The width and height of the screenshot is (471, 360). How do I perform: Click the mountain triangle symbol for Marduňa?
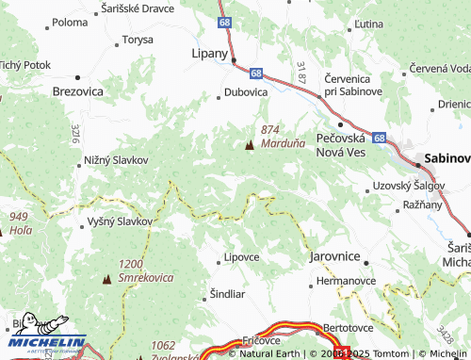coord(250,145)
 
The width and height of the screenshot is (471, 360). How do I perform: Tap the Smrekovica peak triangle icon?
coord(106,279)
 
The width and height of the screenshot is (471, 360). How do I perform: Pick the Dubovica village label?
coord(246,92)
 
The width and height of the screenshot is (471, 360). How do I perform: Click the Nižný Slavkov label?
coord(117,159)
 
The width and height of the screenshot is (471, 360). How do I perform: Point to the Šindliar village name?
coord(227,293)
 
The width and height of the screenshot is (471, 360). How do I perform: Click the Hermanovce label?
coord(346,281)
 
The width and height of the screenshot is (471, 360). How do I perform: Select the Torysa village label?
coord(138,41)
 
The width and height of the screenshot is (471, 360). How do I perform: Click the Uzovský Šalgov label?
coord(407,186)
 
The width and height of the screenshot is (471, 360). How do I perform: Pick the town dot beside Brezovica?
coord(76,77)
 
